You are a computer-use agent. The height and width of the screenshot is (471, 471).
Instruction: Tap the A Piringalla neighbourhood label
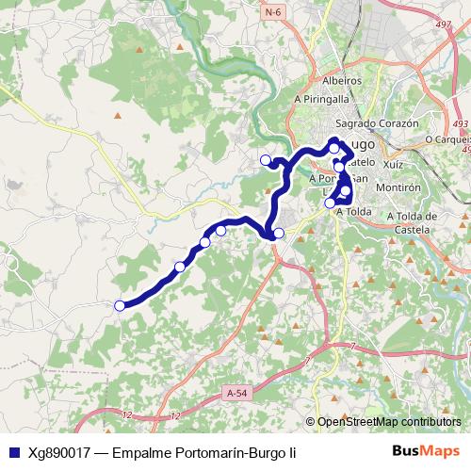point(322,98)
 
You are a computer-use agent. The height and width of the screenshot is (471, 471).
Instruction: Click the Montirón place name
point(398,187)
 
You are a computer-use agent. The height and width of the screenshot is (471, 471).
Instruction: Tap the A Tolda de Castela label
point(414,222)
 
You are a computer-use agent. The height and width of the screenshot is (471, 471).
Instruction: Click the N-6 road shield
point(273,12)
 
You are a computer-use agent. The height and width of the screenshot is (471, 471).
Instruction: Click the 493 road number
point(459,123)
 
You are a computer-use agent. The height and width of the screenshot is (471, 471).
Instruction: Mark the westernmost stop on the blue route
point(120,305)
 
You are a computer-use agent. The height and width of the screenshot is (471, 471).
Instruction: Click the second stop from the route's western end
point(179,267)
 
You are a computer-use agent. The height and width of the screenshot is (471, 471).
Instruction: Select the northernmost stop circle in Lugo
point(333,148)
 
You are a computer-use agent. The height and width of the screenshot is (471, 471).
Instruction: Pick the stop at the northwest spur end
point(266,159)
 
